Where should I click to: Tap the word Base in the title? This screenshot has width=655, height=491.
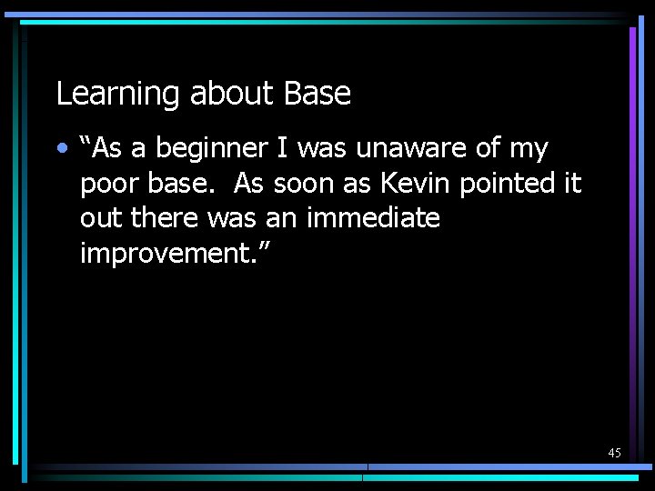(317, 94)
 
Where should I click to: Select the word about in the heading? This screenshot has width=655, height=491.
(232, 94)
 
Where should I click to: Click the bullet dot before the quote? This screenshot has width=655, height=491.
(61, 147)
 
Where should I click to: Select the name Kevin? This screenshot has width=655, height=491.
(415, 183)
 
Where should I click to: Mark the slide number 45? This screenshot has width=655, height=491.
(614, 453)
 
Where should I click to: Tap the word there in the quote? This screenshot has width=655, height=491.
(167, 218)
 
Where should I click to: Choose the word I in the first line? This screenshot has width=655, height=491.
(277, 147)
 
